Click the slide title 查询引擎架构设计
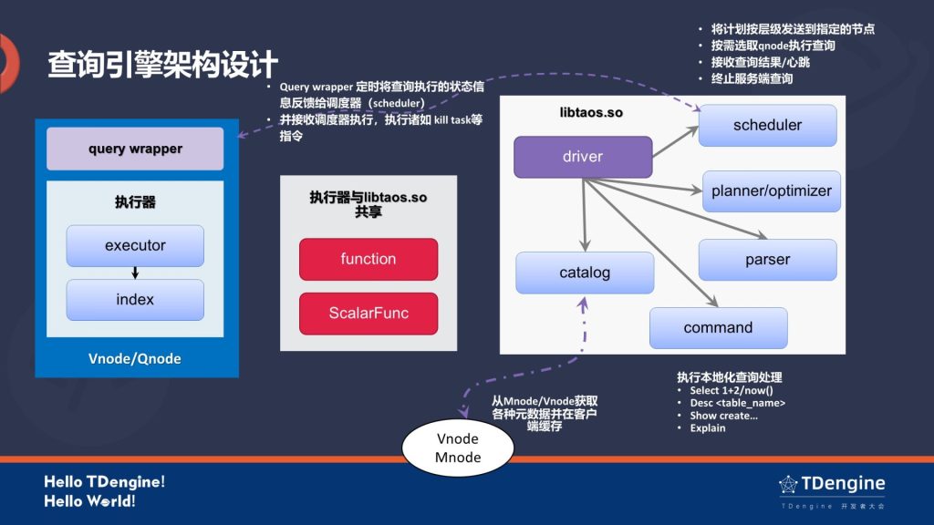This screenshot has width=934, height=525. point(162,65)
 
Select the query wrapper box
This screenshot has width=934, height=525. point(135,149)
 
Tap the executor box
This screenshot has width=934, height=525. point(135,245)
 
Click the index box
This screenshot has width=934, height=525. point(135,300)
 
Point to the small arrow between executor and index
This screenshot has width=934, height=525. point(135,273)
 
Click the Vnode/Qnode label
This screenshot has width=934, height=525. point(135,358)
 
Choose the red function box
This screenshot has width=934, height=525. point(368,259)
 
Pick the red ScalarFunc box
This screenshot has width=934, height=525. point(368,313)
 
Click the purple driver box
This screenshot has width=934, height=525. point(583,157)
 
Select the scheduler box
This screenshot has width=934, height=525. point(767,126)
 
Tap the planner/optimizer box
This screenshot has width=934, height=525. point(771,190)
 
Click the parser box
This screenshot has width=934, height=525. point(767,260)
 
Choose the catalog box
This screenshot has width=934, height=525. point(585,273)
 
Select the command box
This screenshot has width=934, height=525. point(718,328)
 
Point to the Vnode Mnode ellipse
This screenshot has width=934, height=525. point(458,448)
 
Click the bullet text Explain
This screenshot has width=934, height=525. point(708,428)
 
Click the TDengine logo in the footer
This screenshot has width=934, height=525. point(832,485)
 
